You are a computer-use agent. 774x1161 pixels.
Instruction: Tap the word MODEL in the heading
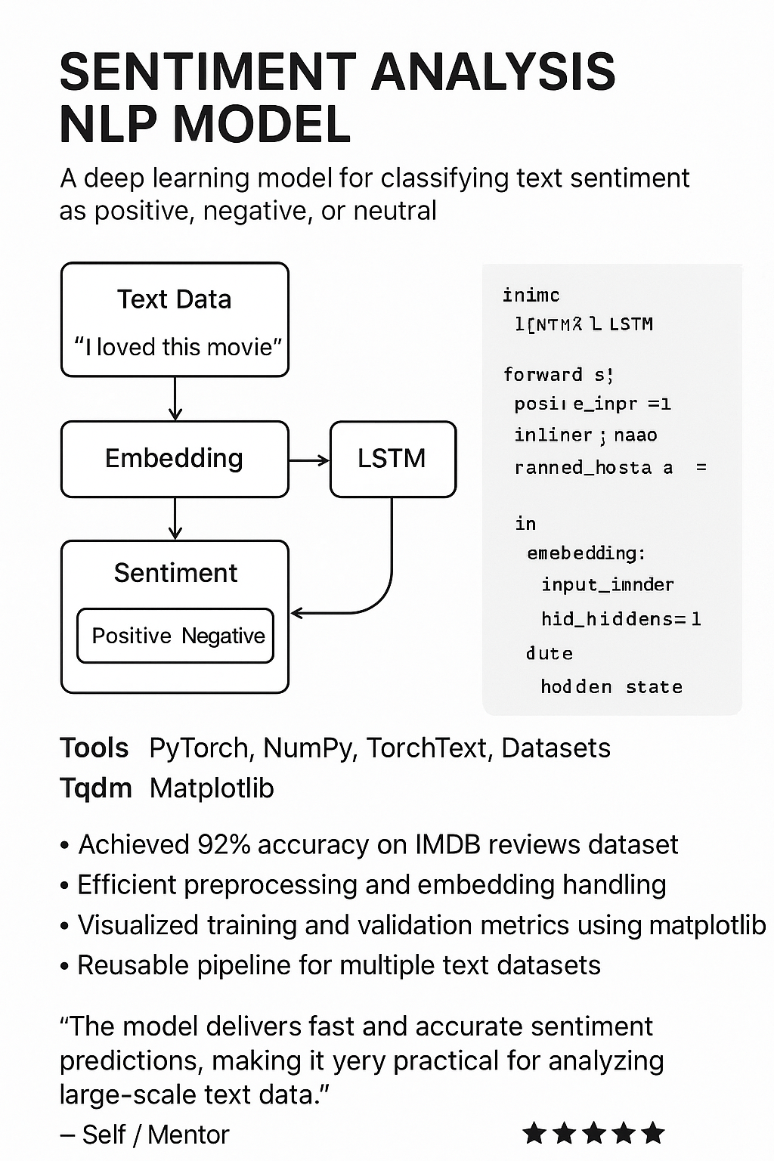[263, 125]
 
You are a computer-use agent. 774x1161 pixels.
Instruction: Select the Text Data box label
[175, 299]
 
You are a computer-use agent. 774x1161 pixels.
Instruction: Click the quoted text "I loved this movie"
[178, 347]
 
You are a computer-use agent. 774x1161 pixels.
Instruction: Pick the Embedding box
[175, 459]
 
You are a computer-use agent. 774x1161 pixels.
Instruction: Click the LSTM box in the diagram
[392, 459]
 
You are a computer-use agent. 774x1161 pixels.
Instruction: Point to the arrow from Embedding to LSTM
[309, 460]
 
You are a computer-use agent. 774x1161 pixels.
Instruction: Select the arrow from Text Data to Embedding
[175, 398]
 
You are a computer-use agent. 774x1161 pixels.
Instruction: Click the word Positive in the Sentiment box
[132, 636]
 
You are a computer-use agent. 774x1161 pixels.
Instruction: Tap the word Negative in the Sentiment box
[223, 636]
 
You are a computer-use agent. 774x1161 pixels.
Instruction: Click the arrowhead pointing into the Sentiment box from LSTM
[297, 613]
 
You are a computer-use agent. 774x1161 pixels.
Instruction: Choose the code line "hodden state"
[611, 686]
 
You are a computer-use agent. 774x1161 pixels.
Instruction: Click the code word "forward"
[543, 374]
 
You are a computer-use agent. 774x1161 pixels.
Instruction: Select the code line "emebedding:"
[587, 553]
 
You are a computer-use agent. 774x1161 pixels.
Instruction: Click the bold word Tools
[94, 748]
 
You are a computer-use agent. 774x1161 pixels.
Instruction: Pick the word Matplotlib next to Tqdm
[212, 788]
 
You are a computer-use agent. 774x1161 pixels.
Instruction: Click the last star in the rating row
[652, 1133]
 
